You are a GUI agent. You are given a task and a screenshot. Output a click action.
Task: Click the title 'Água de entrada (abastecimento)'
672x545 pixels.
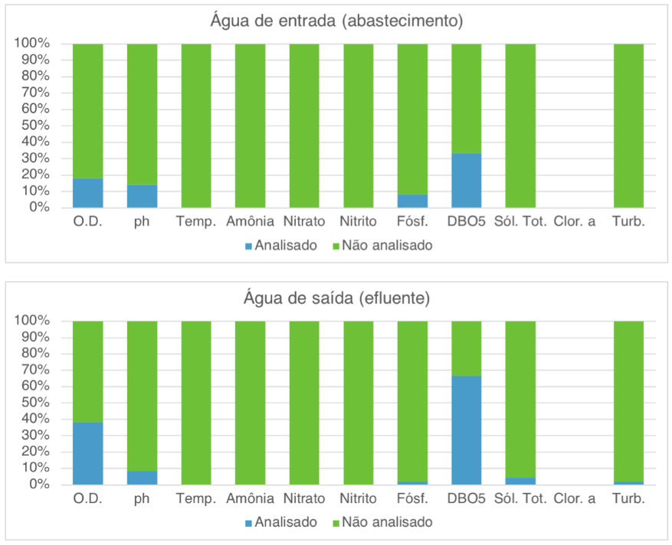336,21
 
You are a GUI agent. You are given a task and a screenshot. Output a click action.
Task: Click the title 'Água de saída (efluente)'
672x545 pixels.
336,298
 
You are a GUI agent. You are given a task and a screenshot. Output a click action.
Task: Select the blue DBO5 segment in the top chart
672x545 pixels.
467,181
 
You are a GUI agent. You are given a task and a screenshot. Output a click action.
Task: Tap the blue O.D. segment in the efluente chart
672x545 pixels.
88,453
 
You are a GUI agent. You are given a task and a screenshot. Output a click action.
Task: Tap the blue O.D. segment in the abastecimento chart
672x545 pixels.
88,193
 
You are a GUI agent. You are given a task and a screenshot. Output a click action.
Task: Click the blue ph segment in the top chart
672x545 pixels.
142,196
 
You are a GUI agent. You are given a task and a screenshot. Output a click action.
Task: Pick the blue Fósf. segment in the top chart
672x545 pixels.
412,201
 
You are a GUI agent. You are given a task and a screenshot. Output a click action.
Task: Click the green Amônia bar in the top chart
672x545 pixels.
250,126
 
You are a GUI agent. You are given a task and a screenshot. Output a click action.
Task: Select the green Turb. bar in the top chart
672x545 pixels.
628,126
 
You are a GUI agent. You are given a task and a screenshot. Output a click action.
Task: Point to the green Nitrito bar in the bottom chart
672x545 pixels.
358,403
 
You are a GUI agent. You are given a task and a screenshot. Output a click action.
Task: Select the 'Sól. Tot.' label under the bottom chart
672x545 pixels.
520,499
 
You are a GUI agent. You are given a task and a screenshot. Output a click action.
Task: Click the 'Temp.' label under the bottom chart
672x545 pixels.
196,499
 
